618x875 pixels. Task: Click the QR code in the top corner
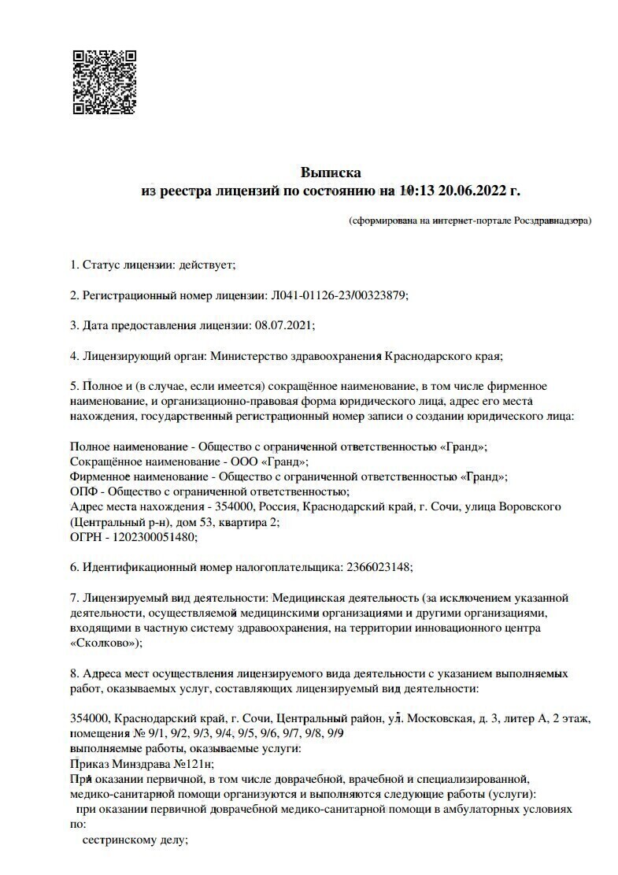click(105, 82)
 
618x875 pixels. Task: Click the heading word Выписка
click(331, 172)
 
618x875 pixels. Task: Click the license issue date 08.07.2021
click(284, 324)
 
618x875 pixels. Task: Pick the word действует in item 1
click(206, 265)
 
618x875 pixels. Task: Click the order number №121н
click(193, 763)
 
